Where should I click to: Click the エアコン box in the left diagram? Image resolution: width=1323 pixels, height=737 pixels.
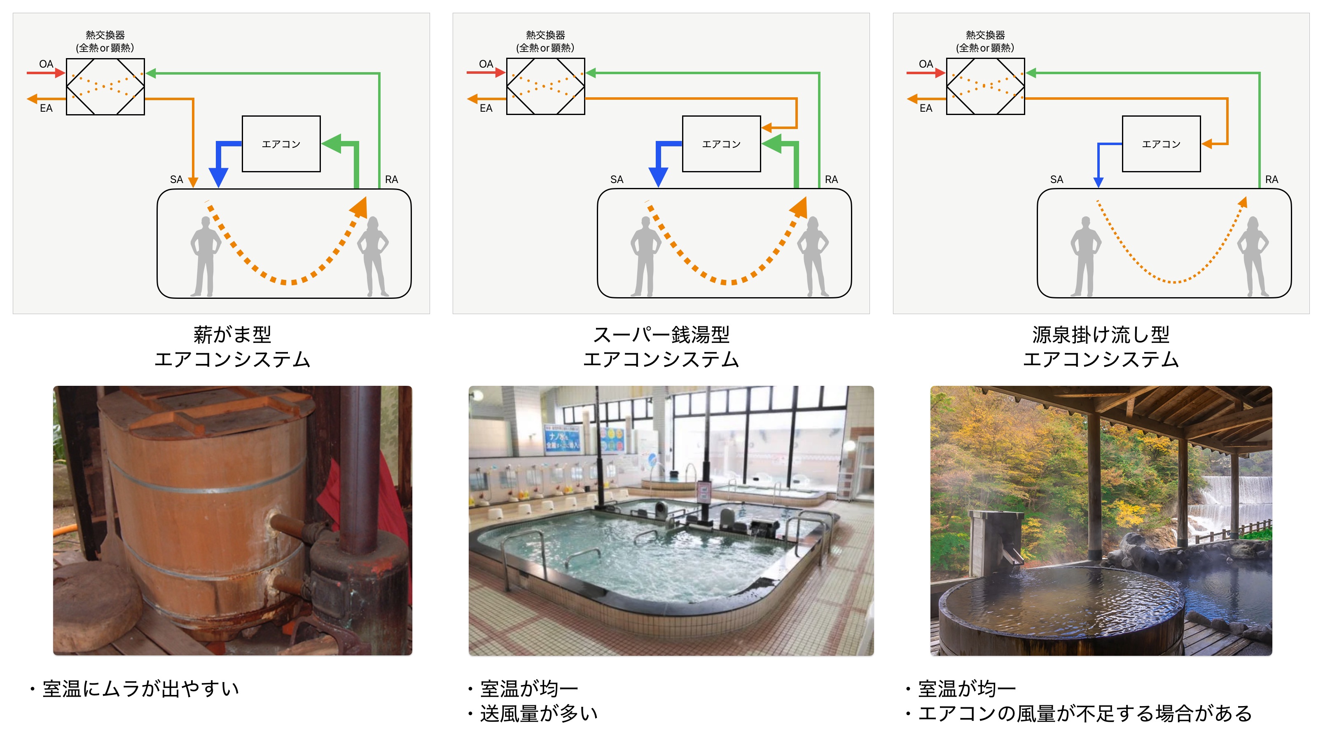281,144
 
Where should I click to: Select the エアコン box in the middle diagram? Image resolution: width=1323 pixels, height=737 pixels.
721,144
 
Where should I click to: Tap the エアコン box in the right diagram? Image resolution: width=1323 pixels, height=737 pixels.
1161,144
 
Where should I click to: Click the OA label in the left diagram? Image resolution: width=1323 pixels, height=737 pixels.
46,64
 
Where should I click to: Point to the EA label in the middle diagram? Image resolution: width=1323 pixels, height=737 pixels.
486,108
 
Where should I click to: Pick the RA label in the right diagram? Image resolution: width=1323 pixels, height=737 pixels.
1272,179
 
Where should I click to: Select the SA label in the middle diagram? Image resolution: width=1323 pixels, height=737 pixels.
617,179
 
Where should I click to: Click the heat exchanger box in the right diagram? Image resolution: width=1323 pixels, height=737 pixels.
986,86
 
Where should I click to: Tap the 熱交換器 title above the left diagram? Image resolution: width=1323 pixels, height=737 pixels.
105,35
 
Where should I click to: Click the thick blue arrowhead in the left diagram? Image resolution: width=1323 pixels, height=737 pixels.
218,177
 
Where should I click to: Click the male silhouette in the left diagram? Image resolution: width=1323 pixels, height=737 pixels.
206,256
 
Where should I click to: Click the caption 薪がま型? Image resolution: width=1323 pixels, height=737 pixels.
232,335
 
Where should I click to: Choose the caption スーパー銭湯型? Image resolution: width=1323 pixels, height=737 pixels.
661,335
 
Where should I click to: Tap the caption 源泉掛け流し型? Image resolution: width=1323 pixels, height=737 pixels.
1101,335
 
